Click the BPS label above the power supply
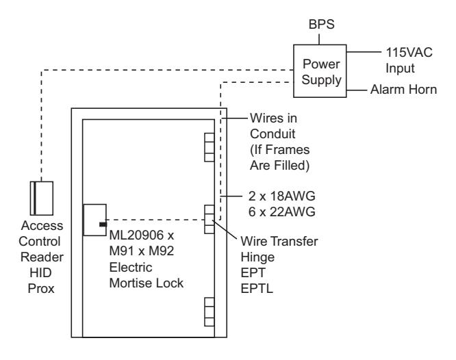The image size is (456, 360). (x=321, y=25)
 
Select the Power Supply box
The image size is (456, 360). (x=320, y=71)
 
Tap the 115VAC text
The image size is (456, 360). (x=409, y=53)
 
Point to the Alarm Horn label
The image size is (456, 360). (x=404, y=90)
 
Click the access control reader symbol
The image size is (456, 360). (x=42, y=198)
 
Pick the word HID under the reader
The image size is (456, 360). (x=40, y=273)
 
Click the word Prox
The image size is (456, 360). (x=41, y=288)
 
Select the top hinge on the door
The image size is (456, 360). (x=210, y=147)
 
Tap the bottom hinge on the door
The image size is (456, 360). (x=210, y=311)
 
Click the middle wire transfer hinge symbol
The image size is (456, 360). (x=210, y=219)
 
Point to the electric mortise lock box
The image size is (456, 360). (x=94, y=220)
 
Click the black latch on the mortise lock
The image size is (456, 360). (x=103, y=224)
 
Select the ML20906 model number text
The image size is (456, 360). (x=138, y=235)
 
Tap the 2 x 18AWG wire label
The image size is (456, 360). (x=282, y=196)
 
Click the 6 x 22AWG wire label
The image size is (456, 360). (x=282, y=212)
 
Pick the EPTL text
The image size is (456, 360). (x=257, y=288)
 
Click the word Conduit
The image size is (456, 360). (x=273, y=134)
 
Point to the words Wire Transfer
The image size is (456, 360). (x=279, y=242)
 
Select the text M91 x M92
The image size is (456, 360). (x=142, y=251)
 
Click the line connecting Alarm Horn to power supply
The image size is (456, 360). (x=357, y=90)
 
